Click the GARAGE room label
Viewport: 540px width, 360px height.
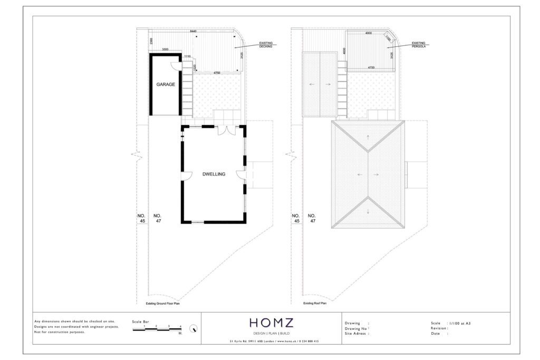[x=166, y=84]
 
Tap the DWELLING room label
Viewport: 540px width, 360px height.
[x=214, y=174]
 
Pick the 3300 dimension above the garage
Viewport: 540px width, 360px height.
[x=165, y=50]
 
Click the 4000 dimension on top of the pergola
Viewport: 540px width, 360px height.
[x=368, y=33]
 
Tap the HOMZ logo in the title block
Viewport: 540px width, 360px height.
[x=272, y=323]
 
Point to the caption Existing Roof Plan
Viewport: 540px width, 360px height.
[x=315, y=304]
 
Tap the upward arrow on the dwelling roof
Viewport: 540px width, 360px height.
[x=368, y=137]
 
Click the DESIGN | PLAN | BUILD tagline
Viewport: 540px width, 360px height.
[x=272, y=334]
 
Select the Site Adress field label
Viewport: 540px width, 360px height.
[x=356, y=334]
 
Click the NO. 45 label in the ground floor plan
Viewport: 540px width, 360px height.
[x=141, y=218]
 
